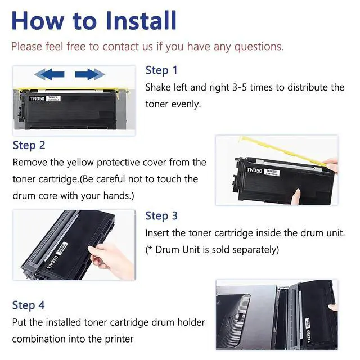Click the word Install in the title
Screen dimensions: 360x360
tap(141, 20)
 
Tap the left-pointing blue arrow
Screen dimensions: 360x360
tap(49, 74)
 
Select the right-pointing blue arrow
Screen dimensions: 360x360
tap(90, 74)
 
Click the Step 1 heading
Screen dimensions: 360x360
tap(161, 70)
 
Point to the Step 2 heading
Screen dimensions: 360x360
tap(29, 145)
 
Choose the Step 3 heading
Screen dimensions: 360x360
tap(161, 216)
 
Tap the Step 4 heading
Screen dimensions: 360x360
tap(29, 305)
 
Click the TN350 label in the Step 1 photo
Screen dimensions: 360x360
tap(37, 99)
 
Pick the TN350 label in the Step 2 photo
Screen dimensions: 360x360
tap(254, 170)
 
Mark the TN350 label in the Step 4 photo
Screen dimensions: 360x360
tap(309, 336)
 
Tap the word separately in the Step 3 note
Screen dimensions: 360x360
tap(255, 250)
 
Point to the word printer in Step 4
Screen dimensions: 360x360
tap(119, 339)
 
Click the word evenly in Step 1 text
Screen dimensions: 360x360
tap(186, 105)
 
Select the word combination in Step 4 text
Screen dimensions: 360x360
tap(39, 339)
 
